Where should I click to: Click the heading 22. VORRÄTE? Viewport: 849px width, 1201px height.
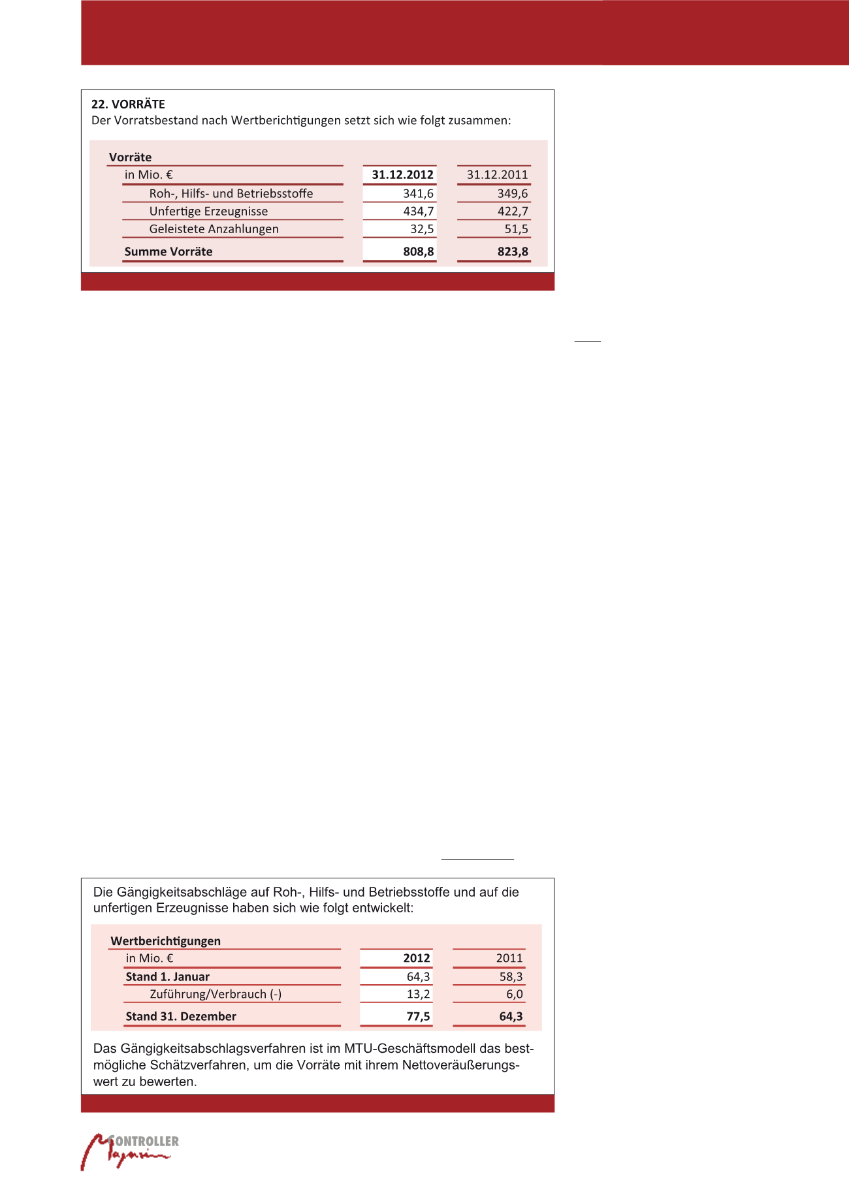pyautogui.click(x=128, y=104)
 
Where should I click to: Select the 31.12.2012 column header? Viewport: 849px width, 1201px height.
pyautogui.click(x=402, y=175)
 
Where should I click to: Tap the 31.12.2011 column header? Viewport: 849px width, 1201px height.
pyautogui.click(x=497, y=175)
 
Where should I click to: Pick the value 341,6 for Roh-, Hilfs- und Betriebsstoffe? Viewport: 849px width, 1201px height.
pyautogui.click(x=418, y=194)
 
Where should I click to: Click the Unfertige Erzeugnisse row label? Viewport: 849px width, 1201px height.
pyautogui.click(x=208, y=212)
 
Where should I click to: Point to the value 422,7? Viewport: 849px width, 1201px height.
pyautogui.click(x=513, y=212)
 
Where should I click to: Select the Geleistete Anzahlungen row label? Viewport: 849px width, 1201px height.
pyautogui.click(x=214, y=229)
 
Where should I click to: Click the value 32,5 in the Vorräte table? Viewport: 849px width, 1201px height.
pyautogui.click(x=422, y=229)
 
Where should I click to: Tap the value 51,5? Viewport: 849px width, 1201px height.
pyautogui.click(x=516, y=229)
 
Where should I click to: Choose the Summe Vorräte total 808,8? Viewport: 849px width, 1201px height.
pyautogui.click(x=419, y=252)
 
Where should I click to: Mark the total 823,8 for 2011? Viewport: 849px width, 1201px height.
pyautogui.click(x=513, y=252)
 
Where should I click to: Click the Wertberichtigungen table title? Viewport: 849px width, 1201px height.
pyautogui.click(x=166, y=941)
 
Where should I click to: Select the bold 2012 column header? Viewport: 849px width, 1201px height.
pyautogui.click(x=417, y=959)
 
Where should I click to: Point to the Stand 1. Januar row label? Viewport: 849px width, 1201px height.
pyautogui.click(x=168, y=977)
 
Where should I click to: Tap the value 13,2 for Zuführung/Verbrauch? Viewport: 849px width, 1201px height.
pyautogui.click(x=419, y=995)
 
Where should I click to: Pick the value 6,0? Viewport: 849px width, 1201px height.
pyautogui.click(x=515, y=995)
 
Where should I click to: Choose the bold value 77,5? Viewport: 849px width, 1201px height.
pyautogui.click(x=418, y=1017)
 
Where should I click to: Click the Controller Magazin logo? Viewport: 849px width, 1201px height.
pyautogui.click(x=130, y=1151)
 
